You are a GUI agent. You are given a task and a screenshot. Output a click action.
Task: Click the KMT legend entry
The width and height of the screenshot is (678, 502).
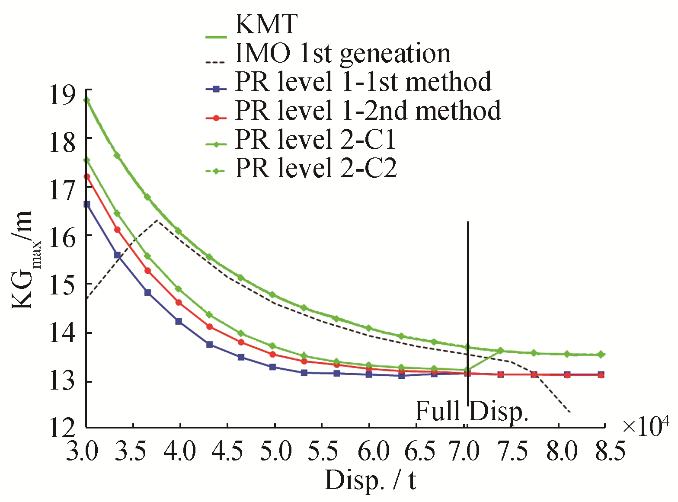tap(266, 24)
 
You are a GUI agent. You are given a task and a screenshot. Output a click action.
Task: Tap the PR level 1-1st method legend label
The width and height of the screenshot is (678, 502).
tap(363, 82)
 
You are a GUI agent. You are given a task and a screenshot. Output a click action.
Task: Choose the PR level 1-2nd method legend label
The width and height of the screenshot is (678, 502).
tap(368, 111)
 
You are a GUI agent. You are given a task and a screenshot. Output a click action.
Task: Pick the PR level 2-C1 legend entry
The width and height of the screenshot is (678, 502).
tap(316, 140)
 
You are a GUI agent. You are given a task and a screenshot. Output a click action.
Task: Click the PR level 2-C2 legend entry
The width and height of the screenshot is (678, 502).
tap(316, 168)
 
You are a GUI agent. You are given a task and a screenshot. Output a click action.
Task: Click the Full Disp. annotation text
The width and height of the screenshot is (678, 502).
tap(472, 411)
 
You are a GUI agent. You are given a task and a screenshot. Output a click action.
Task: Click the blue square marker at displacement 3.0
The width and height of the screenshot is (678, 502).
tap(86, 204)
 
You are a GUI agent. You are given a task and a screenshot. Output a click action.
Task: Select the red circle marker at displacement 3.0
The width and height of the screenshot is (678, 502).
tap(86, 176)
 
